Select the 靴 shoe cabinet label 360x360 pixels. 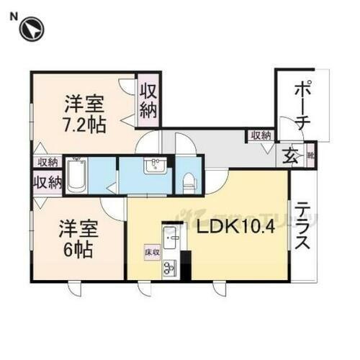[x=310, y=154]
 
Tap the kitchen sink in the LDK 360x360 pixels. [x=171, y=237]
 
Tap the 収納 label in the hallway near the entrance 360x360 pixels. [x=261, y=135]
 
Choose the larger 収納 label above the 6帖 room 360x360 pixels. [x=47, y=183]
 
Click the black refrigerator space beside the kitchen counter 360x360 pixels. [x=185, y=267]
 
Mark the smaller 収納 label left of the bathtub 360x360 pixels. [x=48, y=162]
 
